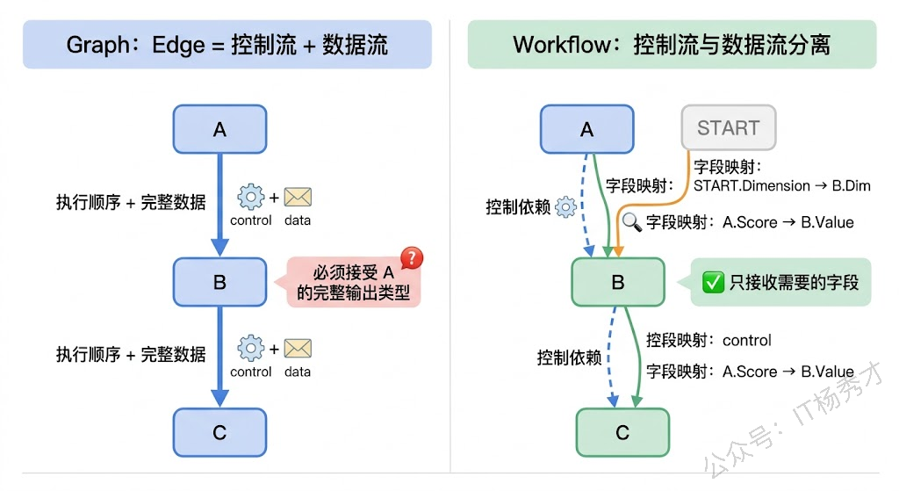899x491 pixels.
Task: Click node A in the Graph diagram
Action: point(219,129)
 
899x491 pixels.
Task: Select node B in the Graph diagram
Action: point(219,282)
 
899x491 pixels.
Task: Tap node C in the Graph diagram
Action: point(219,432)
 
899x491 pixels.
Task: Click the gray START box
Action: point(728,128)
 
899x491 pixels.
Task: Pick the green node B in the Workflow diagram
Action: point(618,282)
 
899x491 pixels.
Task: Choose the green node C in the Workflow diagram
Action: point(622,431)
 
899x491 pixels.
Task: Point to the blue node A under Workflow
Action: point(586,129)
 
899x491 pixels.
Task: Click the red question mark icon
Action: point(411,258)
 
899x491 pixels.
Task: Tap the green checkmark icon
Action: point(712,282)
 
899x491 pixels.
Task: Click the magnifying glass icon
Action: point(632,221)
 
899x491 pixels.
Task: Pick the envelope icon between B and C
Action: point(298,350)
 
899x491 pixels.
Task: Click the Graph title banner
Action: point(227,45)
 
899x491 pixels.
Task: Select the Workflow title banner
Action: point(672,45)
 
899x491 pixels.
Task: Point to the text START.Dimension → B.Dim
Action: point(781,185)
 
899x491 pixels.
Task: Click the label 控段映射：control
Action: point(708,340)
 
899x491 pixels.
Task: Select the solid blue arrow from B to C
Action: point(219,356)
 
